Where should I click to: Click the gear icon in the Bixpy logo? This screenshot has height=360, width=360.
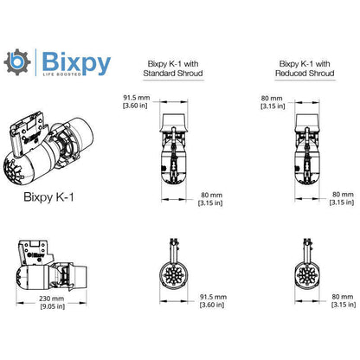16,64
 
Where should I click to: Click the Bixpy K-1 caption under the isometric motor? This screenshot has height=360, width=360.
48,196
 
